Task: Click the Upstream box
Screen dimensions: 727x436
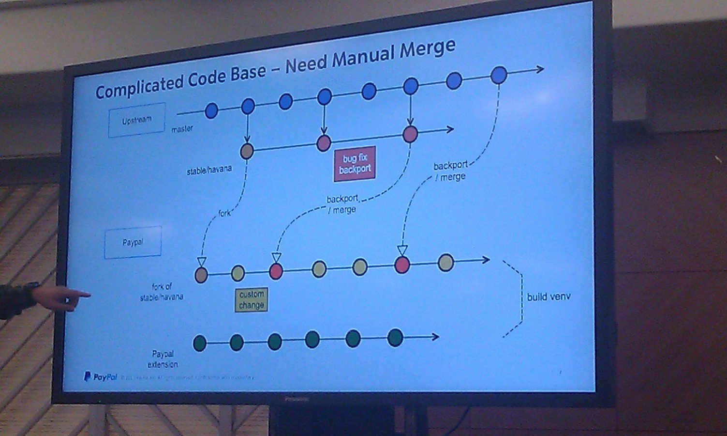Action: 136,120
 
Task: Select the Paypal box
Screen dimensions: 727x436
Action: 133,242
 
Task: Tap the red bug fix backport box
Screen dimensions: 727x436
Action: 355,164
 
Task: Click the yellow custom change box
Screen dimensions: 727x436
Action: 251,299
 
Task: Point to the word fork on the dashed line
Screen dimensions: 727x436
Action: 224,213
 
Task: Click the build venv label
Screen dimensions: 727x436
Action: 549,296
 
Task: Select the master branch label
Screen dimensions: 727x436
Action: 182,129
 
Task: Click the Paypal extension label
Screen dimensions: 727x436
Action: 163,359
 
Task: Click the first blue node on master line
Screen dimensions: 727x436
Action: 211,111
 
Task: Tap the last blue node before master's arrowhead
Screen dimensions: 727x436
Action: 499,75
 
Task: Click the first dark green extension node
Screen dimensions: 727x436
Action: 200,343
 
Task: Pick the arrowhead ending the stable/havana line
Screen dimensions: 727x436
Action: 450,129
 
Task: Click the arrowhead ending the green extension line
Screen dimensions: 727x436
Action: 435,337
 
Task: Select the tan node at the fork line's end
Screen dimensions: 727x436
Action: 201,275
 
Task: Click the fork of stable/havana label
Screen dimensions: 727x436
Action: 162,292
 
